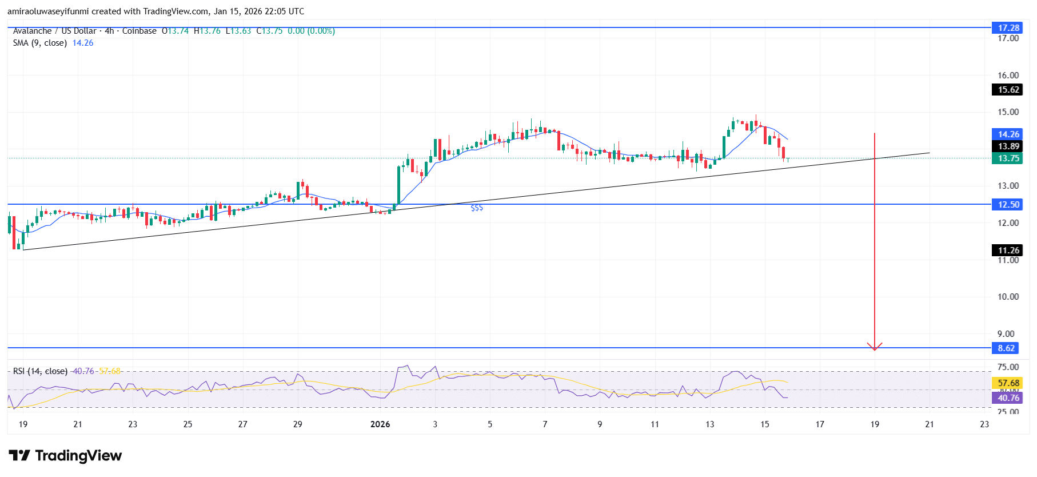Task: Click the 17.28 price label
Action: click(1008, 27)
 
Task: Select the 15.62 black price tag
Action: click(1008, 89)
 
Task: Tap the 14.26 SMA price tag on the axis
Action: click(1008, 134)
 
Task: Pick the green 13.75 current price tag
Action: click(1008, 158)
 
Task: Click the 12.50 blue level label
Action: click(1008, 204)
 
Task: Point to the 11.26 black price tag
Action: click(1008, 250)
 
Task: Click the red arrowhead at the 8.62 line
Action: click(875, 347)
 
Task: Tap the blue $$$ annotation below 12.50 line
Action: click(477, 208)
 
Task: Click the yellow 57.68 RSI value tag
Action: click(1008, 383)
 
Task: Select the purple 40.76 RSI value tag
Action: click(1008, 397)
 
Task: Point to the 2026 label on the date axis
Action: click(380, 424)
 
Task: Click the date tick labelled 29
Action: click(297, 424)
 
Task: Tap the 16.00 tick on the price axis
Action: click(1008, 75)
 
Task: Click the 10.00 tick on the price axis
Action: click(1008, 296)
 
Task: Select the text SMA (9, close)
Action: click(40, 43)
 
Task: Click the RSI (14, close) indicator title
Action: click(40, 371)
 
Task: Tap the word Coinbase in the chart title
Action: click(139, 31)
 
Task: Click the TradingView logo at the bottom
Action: click(65, 455)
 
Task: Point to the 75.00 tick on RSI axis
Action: click(1008, 367)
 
